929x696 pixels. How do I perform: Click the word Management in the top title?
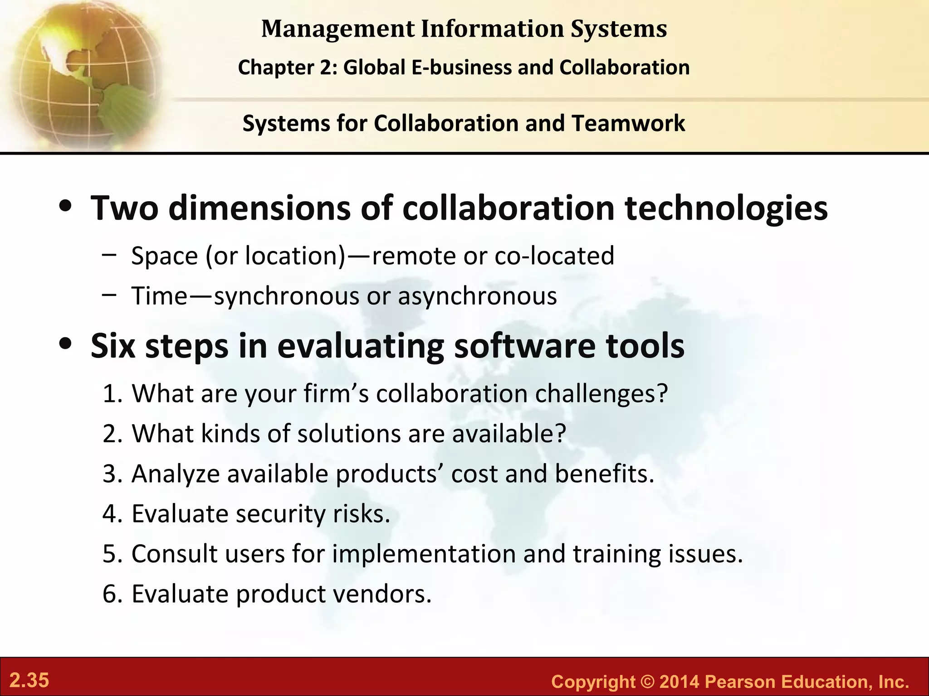338,29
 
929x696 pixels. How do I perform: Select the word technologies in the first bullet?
726,208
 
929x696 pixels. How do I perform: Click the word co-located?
554,256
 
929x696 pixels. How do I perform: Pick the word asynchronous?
477,296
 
